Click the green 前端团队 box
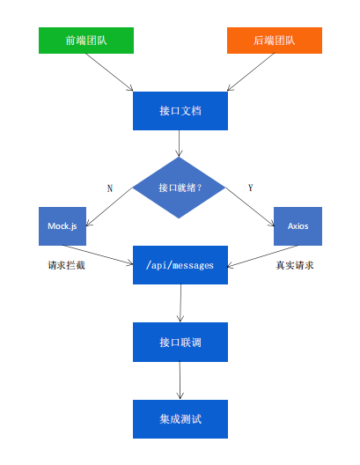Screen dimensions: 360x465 86,41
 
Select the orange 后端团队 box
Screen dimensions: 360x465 275,41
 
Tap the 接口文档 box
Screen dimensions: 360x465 180,111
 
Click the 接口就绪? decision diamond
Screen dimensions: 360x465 179,188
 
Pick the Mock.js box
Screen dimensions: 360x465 62,226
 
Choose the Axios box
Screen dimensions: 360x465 298,226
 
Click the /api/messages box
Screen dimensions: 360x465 180,265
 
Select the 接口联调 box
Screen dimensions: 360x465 180,342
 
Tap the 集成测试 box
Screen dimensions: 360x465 180,418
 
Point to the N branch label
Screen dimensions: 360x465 110,188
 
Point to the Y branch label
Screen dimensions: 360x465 250,188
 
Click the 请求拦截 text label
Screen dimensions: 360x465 66,265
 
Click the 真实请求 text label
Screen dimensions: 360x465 295,265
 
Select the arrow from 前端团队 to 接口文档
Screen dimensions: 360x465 109,72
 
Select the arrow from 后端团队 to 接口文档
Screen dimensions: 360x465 251,72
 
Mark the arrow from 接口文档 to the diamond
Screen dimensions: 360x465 179,144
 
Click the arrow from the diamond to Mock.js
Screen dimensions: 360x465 109,207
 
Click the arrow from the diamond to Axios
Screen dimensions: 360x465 250,207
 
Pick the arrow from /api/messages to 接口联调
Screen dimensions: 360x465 180,303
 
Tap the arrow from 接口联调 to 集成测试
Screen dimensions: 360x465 180,380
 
